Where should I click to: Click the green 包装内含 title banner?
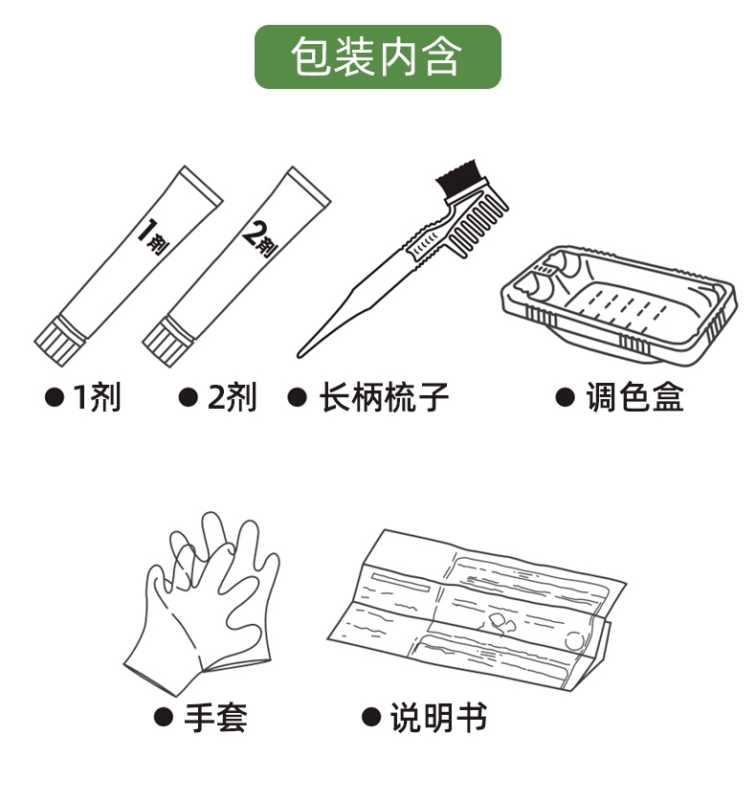click(377, 56)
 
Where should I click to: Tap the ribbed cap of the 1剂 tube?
click(58, 342)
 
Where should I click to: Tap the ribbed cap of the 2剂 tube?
click(167, 342)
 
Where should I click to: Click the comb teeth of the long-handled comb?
click(478, 226)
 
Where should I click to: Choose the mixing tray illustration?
click(619, 306)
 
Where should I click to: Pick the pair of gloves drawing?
click(203, 603)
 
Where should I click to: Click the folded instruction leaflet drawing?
click(477, 611)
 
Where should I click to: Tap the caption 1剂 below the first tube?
click(98, 397)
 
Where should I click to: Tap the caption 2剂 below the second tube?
click(232, 397)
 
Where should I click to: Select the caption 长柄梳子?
click(384, 397)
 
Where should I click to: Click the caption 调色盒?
click(634, 397)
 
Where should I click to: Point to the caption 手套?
click(215, 718)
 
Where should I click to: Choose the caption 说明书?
click(438, 718)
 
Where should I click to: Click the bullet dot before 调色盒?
click(566, 397)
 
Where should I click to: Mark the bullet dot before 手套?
click(164, 717)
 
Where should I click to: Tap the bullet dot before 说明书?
click(371, 717)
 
